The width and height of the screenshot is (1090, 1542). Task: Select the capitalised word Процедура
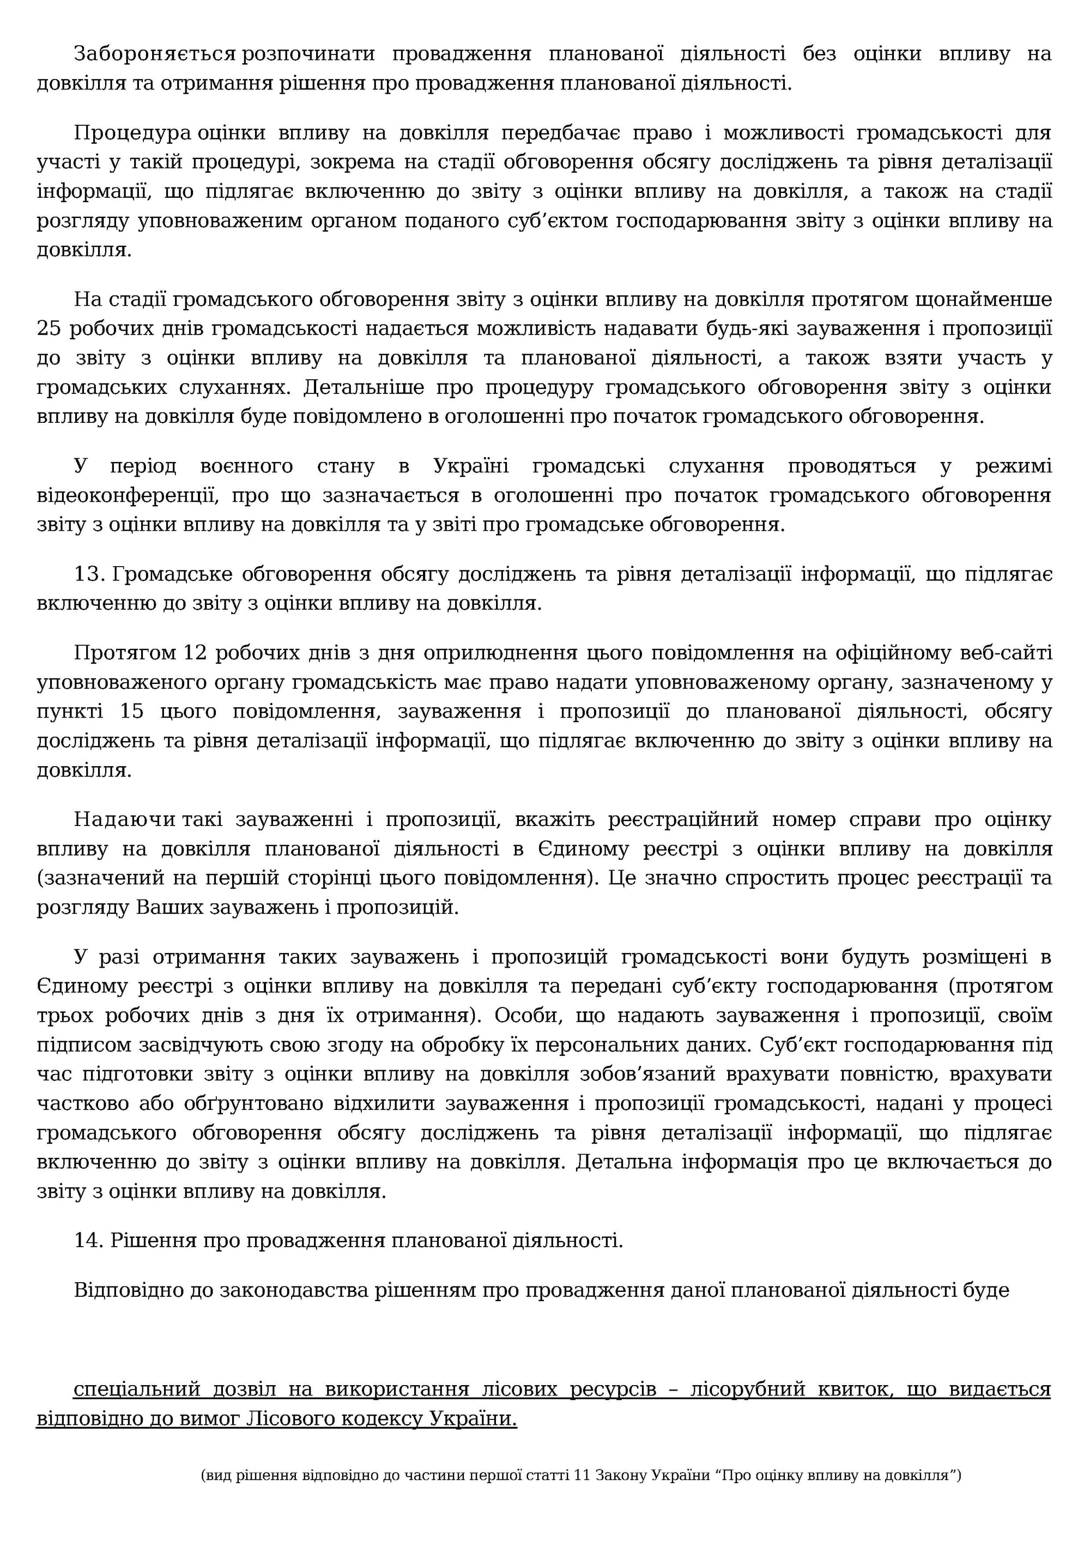click(x=133, y=133)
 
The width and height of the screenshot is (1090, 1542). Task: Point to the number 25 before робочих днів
click(x=49, y=329)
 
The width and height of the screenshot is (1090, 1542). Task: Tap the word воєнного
click(x=246, y=466)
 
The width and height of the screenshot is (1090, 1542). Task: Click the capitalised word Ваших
click(x=170, y=907)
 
